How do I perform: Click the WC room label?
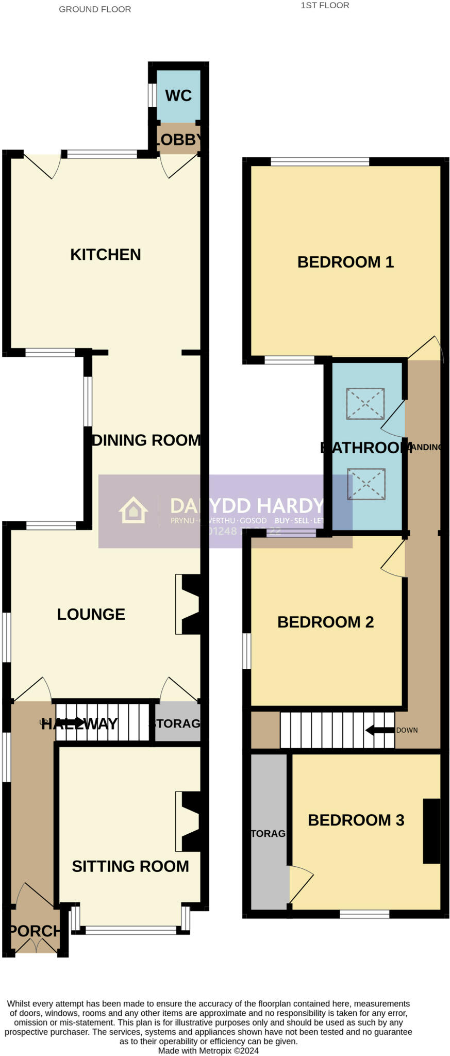point(178,95)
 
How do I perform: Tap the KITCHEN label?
point(106,254)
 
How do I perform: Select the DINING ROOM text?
point(146,440)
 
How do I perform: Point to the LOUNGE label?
point(91,614)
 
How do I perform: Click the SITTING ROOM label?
point(130,866)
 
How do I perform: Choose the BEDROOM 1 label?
point(345,262)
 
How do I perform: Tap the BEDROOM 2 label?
point(325,622)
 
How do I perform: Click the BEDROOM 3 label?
point(356,820)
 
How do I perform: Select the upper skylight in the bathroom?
point(365,403)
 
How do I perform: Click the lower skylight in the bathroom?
point(366,484)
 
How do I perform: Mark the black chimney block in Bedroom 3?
point(431,831)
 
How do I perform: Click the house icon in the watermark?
point(134,510)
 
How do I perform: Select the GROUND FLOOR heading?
point(95,9)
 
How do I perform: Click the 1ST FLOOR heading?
point(325,5)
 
